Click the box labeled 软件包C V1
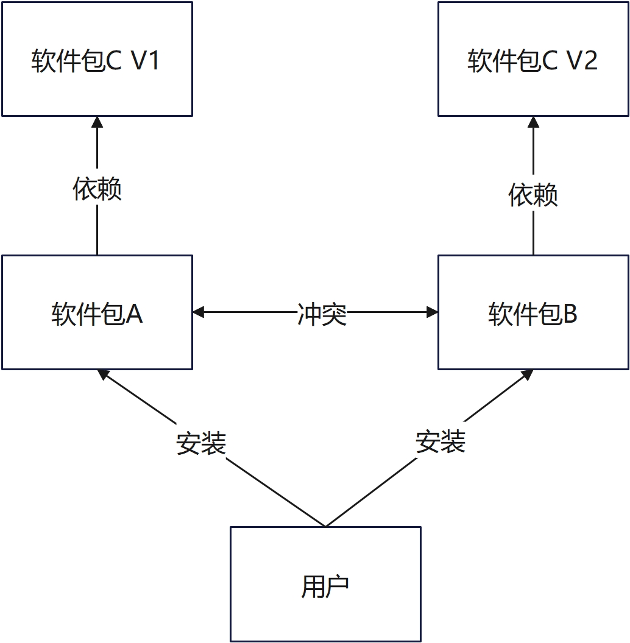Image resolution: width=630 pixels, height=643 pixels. click(x=97, y=59)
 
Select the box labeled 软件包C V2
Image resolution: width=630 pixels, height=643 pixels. click(x=533, y=59)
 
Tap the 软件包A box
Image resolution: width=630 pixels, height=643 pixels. click(x=97, y=312)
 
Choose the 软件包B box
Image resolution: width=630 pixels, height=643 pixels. click(x=533, y=312)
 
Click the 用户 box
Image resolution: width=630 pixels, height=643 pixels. click(x=325, y=584)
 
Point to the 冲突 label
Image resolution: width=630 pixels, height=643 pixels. click(x=322, y=314)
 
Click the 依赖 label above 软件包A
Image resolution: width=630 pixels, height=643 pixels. click(x=97, y=189)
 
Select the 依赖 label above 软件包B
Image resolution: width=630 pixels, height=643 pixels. click(x=533, y=195)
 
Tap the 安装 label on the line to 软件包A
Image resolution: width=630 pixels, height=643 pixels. click(x=201, y=443)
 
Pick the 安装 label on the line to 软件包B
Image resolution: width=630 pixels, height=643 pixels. click(x=441, y=441)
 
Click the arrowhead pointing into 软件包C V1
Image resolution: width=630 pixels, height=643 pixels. click(x=97, y=122)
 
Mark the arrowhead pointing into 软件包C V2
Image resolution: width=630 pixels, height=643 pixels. click(x=533, y=122)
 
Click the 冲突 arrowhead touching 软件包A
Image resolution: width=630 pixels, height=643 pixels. click(x=199, y=312)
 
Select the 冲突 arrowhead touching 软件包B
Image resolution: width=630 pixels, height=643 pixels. click(x=432, y=312)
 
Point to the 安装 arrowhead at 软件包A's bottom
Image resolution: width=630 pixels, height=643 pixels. click(x=104, y=374)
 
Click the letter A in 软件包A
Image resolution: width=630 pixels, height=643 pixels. click(x=134, y=314)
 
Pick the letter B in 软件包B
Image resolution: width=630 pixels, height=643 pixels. click(x=570, y=314)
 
